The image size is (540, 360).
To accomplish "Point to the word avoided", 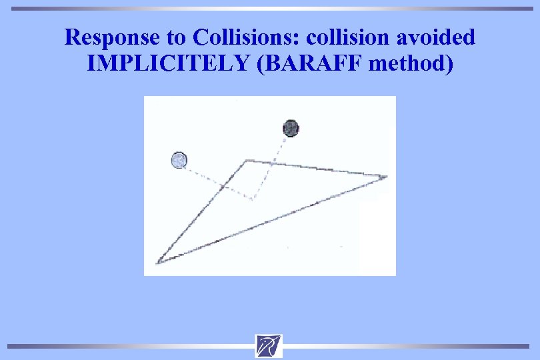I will click(x=438, y=37).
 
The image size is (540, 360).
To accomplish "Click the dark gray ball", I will click(x=291, y=128).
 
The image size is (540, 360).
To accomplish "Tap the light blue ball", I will click(x=179, y=160).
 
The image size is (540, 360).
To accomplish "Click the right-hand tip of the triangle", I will click(x=385, y=177).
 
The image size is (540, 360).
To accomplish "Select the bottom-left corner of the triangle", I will click(x=157, y=262).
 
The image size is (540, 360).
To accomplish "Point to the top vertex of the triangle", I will click(x=247, y=160).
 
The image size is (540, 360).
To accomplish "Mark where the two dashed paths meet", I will click(x=253, y=198).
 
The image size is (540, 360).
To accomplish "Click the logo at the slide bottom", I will click(x=269, y=346).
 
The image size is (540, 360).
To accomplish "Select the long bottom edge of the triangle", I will click(x=273, y=219).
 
